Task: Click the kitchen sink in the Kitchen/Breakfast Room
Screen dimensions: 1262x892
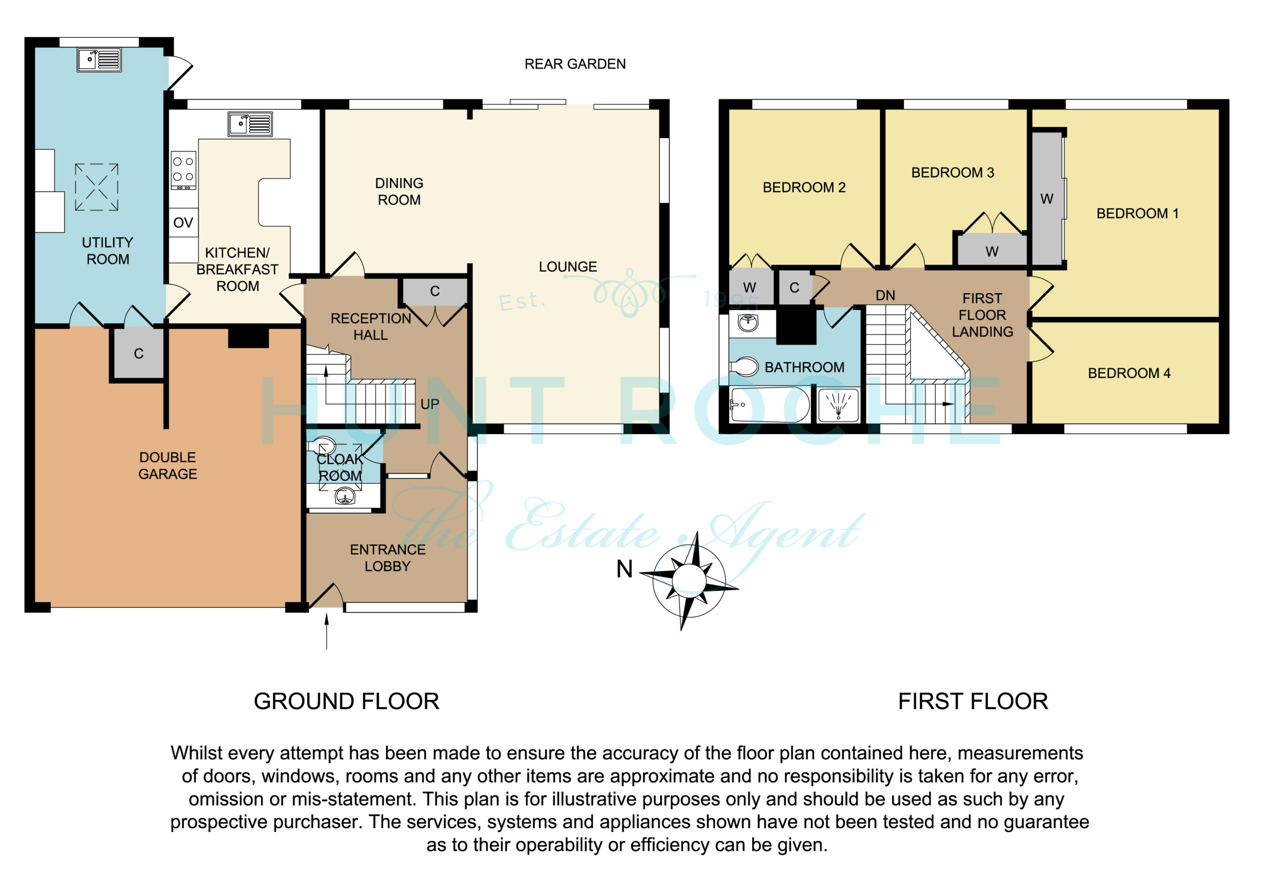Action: point(250,124)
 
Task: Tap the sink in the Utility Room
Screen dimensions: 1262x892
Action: point(99,60)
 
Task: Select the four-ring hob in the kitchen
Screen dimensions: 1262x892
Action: point(183,170)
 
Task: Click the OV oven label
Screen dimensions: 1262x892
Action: point(183,223)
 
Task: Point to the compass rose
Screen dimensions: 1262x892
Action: point(689,581)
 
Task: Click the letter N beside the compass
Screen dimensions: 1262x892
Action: point(625,569)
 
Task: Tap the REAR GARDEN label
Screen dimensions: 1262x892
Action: point(575,64)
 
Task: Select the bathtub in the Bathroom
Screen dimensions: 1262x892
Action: point(770,405)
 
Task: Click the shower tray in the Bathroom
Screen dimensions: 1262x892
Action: point(838,405)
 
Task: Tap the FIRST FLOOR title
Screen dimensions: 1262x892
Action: point(973,701)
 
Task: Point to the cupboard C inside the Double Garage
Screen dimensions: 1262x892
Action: point(139,353)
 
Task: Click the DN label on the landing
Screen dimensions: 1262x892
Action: point(885,296)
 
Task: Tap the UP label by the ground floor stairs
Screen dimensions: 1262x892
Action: point(430,405)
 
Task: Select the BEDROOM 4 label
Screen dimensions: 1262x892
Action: point(1129,373)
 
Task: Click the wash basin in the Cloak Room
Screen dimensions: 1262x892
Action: point(345,497)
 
